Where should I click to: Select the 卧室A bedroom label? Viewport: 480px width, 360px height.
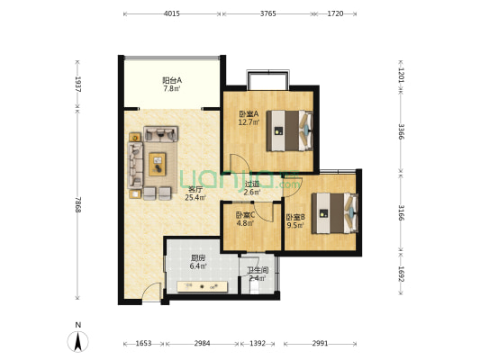click(249, 114)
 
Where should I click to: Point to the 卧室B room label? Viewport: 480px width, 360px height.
click(295, 217)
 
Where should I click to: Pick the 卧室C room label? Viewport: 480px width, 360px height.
click(245, 215)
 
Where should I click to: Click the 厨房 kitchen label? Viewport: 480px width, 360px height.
click(198, 257)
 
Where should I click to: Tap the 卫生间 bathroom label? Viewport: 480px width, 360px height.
click(258, 270)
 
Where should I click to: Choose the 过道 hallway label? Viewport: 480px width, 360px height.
click(252, 184)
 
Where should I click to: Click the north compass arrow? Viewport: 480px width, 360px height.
click(78, 342)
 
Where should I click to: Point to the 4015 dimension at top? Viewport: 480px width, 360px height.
click(172, 13)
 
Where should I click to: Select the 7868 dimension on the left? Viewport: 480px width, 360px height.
click(78, 204)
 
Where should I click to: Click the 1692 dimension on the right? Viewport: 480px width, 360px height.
click(402, 274)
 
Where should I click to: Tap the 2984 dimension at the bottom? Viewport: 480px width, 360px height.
click(202, 344)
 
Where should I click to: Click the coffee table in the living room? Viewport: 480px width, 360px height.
click(158, 164)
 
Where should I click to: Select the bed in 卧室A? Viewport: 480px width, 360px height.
click(290, 130)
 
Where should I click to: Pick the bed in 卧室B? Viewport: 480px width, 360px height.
click(335, 213)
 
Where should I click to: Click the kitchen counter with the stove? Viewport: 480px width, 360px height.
click(203, 286)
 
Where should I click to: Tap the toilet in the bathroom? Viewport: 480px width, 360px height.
click(254, 287)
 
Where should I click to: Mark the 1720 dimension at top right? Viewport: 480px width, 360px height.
click(335, 13)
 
